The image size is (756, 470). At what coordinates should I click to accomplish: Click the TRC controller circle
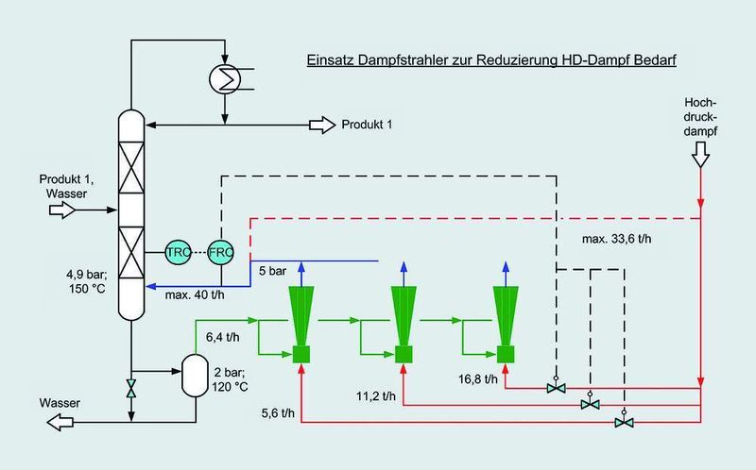(178, 251)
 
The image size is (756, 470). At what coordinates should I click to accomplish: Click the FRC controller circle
(221, 251)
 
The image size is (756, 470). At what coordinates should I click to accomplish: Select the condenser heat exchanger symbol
(225, 78)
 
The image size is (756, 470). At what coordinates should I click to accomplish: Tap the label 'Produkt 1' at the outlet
(367, 125)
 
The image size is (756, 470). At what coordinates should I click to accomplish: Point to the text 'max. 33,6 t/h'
(616, 239)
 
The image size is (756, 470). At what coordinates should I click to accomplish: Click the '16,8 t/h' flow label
(478, 379)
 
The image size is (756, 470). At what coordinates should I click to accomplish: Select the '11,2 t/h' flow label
(376, 396)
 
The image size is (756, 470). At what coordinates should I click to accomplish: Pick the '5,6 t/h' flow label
(278, 413)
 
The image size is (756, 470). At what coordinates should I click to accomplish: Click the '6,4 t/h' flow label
(223, 338)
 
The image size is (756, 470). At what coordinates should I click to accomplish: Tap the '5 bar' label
(272, 271)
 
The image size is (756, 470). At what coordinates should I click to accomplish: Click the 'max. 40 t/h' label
(195, 295)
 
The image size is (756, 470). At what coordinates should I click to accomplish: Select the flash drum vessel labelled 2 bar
(195, 376)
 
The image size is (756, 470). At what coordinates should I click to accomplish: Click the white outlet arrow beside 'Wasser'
(60, 422)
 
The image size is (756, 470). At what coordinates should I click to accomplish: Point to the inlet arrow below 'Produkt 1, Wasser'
(62, 210)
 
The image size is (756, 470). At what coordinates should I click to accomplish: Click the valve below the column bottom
(130, 388)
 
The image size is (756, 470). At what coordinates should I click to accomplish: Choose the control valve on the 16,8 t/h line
(556, 386)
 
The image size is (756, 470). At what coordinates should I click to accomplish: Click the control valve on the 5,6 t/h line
(624, 421)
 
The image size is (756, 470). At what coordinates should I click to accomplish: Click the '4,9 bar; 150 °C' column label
(87, 281)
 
